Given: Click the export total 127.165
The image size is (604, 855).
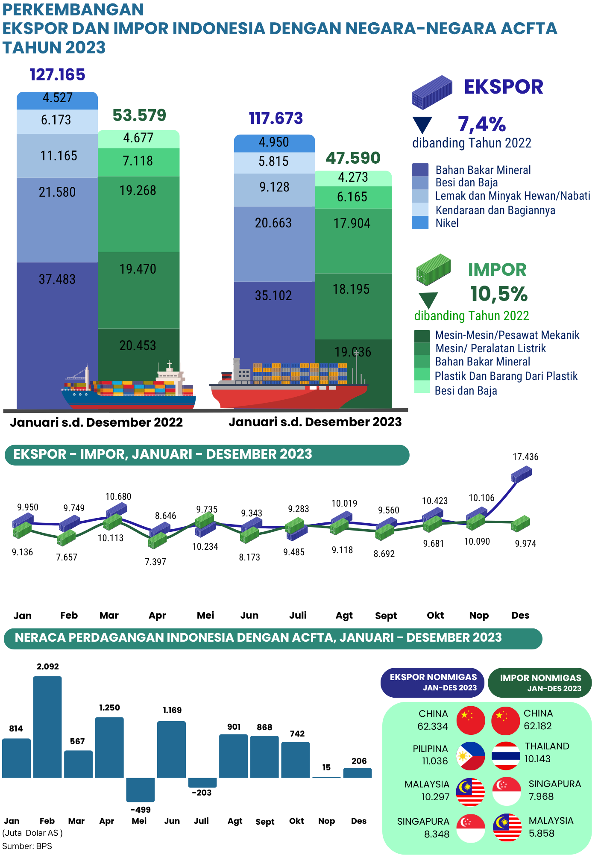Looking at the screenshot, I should click(x=58, y=75).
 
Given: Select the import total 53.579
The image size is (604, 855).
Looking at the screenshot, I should click(x=139, y=115).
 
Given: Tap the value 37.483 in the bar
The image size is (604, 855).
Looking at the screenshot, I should click(x=57, y=279).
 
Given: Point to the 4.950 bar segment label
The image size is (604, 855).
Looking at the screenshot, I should click(x=274, y=142).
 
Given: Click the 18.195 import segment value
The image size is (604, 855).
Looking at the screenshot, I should click(x=351, y=289).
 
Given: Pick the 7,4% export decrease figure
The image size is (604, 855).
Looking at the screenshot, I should click(x=482, y=124).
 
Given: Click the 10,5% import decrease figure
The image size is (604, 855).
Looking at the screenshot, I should click(x=499, y=294).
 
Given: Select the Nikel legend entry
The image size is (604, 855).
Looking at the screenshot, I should click(x=447, y=223).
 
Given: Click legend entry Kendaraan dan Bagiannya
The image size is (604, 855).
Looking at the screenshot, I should click(x=495, y=210).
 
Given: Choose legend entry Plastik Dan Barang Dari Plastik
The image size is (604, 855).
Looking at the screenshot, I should click(x=506, y=376).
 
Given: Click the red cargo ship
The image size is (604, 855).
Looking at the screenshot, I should click(x=288, y=387).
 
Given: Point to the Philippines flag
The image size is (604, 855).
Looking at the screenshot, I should click(x=470, y=756).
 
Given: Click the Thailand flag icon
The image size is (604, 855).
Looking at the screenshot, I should click(x=506, y=756).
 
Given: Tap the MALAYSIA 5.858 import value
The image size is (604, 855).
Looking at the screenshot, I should click(x=541, y=833).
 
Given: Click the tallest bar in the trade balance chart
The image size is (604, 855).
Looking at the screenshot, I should click(x=47, y=727).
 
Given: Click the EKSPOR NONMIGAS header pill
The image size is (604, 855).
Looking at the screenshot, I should click(x=432, y=682).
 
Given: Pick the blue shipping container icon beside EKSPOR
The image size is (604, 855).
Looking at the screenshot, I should click(x=432, y=91).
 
